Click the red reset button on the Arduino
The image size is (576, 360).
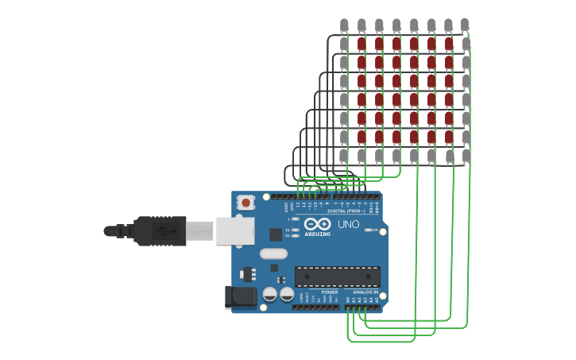[x=246, y=203]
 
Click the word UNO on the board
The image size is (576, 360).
[x=349, y=225]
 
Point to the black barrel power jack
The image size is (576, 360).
[x=239, y=297]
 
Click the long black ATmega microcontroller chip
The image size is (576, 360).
[x=337, y=277]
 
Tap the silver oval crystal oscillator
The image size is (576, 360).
[x=273, y=254]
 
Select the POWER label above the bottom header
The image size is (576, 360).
[x=330, y=292]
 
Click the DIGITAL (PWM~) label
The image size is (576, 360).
[x=346, y=211]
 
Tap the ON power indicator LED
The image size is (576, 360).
[x=369, y=230]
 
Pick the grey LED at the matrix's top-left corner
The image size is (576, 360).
[x=344, y=25]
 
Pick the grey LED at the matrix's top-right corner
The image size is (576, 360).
[x=466, y=25]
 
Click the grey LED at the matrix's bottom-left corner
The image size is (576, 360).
[x=344, y=156]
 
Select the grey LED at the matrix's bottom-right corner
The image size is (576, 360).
[x=466, y=156]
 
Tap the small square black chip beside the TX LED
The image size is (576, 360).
[x=276, y=234]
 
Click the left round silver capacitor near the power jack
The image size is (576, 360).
[x=269, y=295]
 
